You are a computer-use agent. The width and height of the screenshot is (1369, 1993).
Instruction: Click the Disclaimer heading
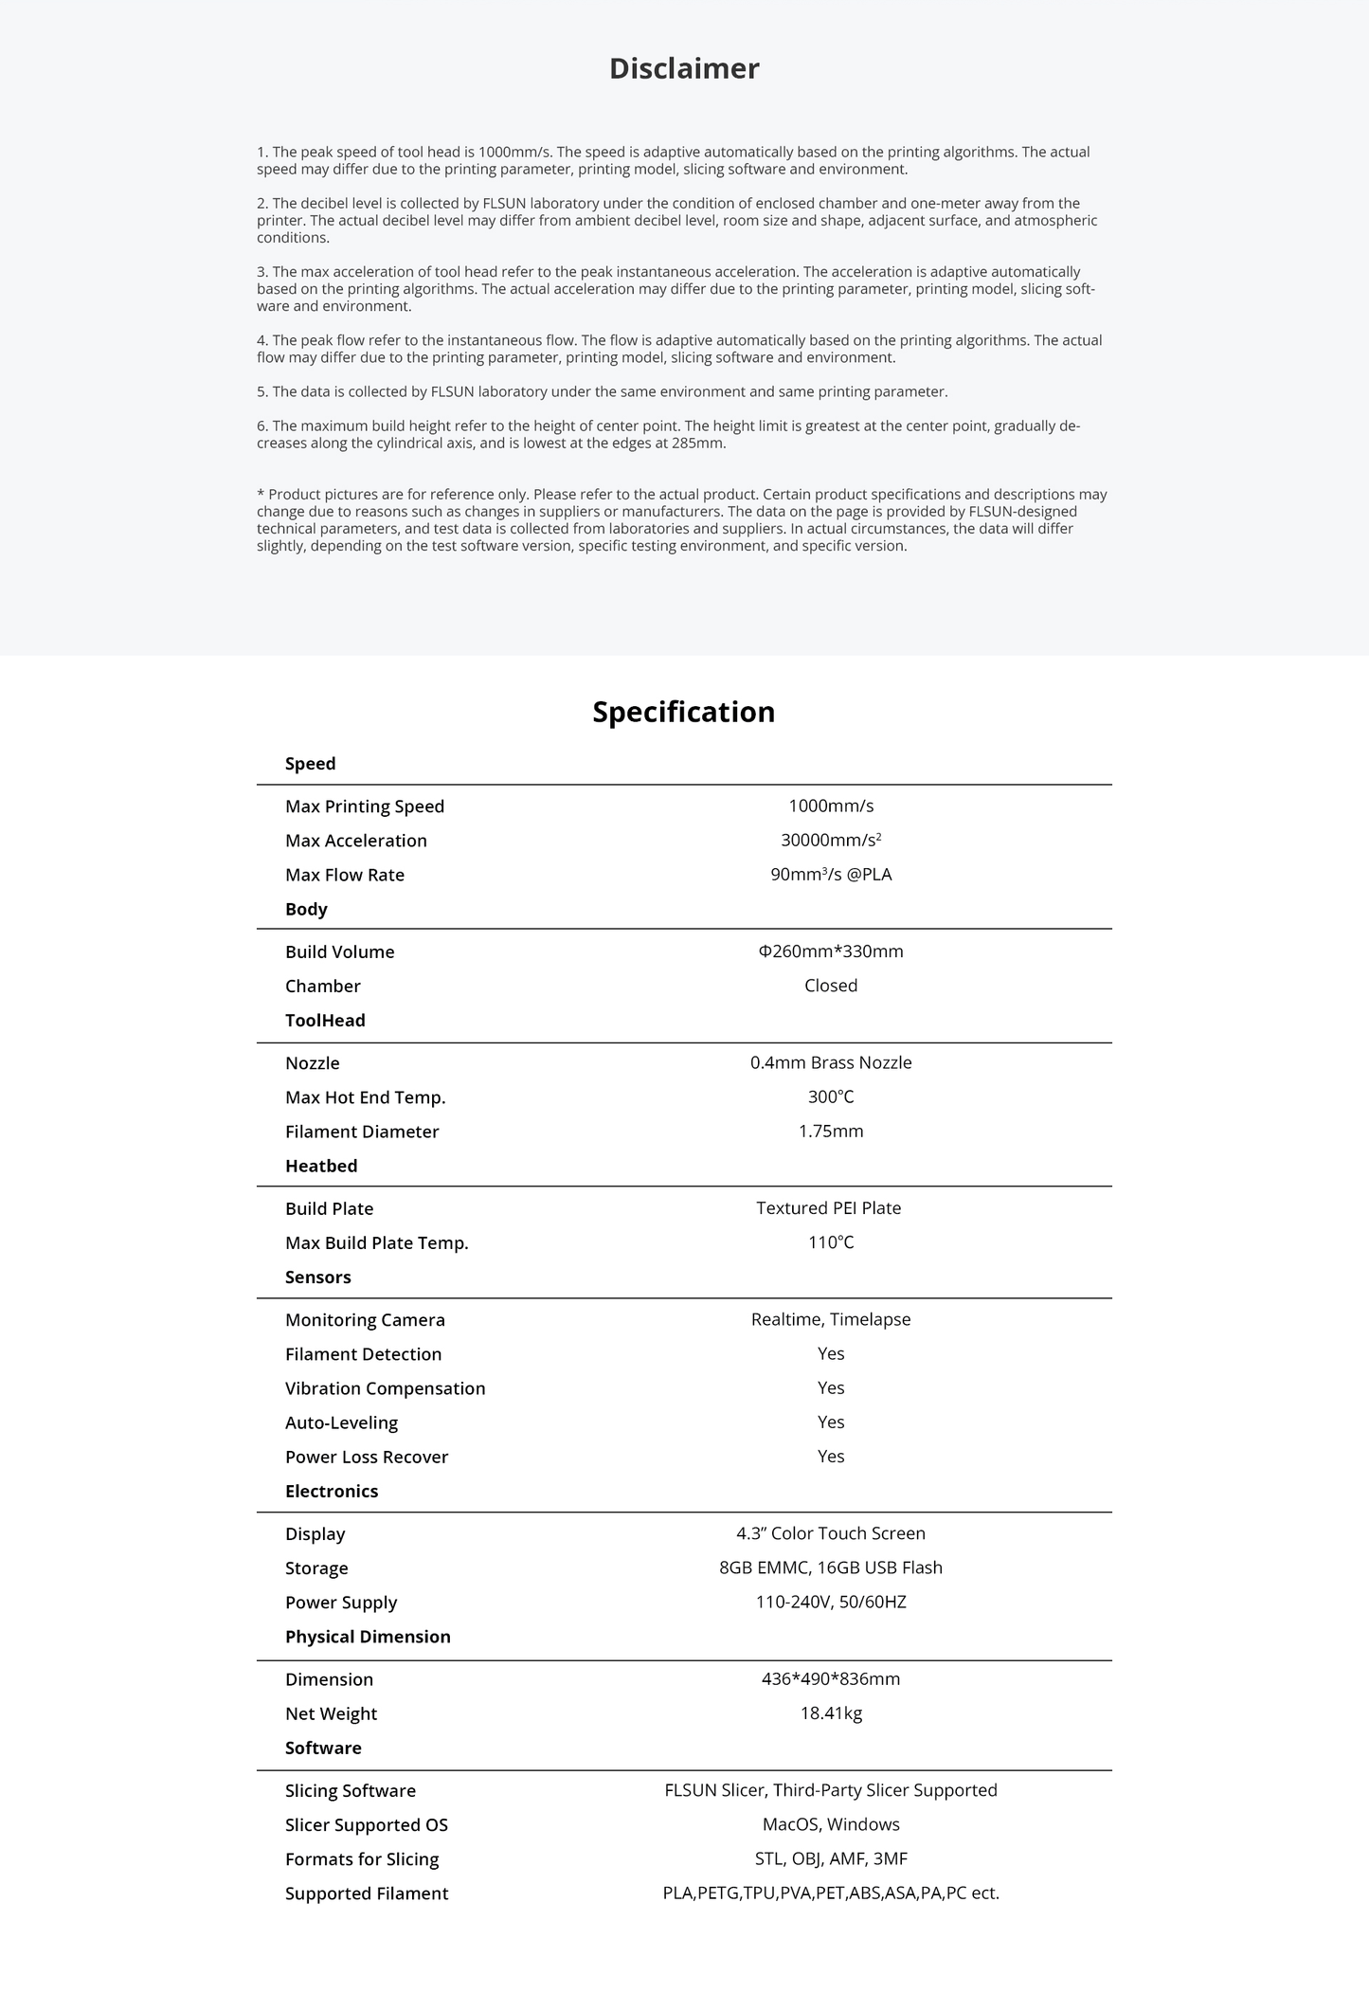coord(684,69)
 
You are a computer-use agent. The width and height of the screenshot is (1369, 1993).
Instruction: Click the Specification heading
coord(683,712)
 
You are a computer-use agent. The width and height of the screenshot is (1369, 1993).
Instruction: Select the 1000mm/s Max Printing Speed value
coord(831,806)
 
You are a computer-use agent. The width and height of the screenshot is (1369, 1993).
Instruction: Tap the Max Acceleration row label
coord(355,841)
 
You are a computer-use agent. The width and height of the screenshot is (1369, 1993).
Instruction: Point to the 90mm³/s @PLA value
coord(831,875)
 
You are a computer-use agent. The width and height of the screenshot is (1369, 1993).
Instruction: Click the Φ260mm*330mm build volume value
coord(831,951)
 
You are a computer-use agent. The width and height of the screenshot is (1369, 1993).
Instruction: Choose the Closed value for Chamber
coord(831,986)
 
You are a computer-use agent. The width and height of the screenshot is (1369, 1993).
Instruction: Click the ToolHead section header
coord(325,1021)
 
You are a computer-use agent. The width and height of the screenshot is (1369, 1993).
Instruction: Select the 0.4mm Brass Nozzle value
coord(831,1063)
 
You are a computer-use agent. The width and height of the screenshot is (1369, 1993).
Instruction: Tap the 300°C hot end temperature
coord(831,1097)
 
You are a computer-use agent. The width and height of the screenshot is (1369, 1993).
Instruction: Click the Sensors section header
coord(317,1277)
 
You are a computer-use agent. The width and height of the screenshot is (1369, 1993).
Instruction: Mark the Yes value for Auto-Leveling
coord(831,1422)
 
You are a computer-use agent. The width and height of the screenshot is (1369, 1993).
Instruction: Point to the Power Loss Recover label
coord(366,1457)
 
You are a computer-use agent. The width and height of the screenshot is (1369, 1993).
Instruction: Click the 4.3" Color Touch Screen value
coord(831,1533)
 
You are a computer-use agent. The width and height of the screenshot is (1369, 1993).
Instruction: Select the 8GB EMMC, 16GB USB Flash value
coord(831,1567)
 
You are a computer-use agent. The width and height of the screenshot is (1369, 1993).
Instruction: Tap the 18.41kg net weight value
coord(831,1713)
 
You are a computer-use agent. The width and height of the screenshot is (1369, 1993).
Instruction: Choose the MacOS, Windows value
coord(831,1824)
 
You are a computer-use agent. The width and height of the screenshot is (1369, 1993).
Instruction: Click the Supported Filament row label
coord(366,1893)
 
